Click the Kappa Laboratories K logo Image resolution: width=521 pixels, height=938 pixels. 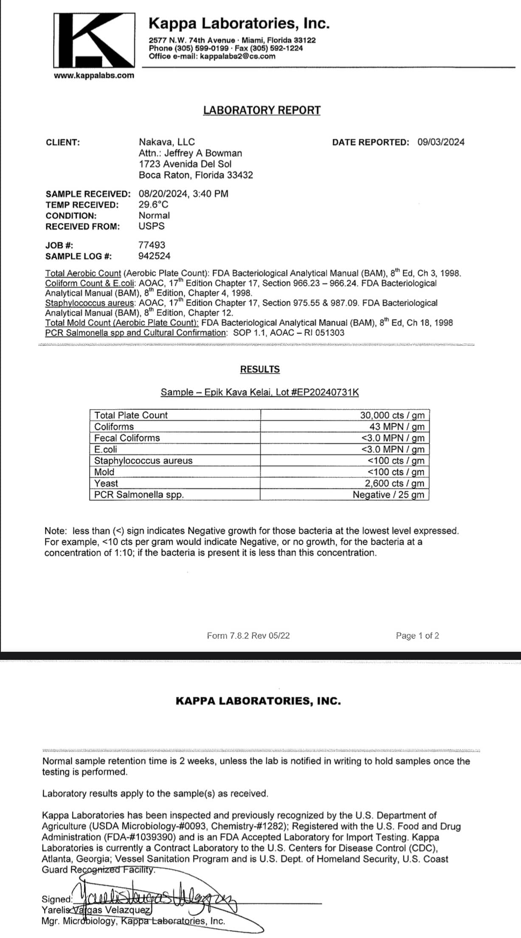click(94, 40)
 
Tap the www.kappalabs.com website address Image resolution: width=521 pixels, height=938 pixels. click(94, 76)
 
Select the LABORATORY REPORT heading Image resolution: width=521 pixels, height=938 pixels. click(262, 110)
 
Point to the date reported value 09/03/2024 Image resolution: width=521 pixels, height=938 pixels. click(441, 142)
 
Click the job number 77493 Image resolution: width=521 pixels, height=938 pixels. click(152, 245)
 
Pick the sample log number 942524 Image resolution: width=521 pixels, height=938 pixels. click(154, 256)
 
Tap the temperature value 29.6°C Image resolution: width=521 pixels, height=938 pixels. click(153, 205)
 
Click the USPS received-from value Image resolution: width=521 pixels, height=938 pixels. click(151, 226)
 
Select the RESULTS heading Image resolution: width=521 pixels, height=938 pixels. click(260, 369)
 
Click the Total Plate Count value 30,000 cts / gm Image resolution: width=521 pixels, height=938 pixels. click(392, 415)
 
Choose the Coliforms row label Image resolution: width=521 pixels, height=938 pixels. click(114, 427)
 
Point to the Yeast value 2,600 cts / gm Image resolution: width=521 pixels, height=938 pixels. click(394, 483)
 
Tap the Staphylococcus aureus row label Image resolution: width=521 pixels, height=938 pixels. click(143, 461)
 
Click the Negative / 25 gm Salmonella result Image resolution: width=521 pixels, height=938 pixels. click(388, 495)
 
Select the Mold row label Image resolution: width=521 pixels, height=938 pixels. click(104, 472)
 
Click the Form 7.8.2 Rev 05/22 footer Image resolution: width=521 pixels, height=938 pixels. click(248, 636)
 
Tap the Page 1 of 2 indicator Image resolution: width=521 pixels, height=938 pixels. click(417, 636)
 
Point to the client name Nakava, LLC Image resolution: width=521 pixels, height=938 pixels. click(166, 142)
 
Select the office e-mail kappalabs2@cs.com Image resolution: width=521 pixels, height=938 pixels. click(237, 56)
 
